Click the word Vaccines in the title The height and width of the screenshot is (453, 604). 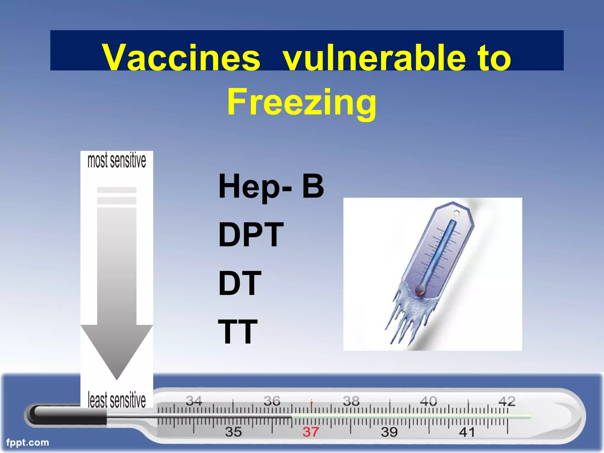(181, 58)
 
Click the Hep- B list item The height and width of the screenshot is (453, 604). (271, 186)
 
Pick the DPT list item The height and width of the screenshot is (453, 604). (251, 235)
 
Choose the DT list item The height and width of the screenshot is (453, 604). (239, 283)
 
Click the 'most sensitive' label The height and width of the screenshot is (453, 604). (117, 161)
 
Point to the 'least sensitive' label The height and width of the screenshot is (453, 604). (117, 400)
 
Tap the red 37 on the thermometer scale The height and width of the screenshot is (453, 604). (311, 432)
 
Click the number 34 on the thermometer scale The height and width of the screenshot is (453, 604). (194, 401)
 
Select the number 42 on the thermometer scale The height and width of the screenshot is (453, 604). (507, 401)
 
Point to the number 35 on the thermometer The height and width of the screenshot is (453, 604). (233, 432)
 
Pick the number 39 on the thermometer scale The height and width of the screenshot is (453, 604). (389, 432)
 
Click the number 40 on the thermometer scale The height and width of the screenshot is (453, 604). (428, 401)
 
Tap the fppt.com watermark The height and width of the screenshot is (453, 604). (27, 442)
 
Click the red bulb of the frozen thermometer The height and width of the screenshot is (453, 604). (420, 291)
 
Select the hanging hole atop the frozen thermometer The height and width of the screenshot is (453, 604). (456, 213)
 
